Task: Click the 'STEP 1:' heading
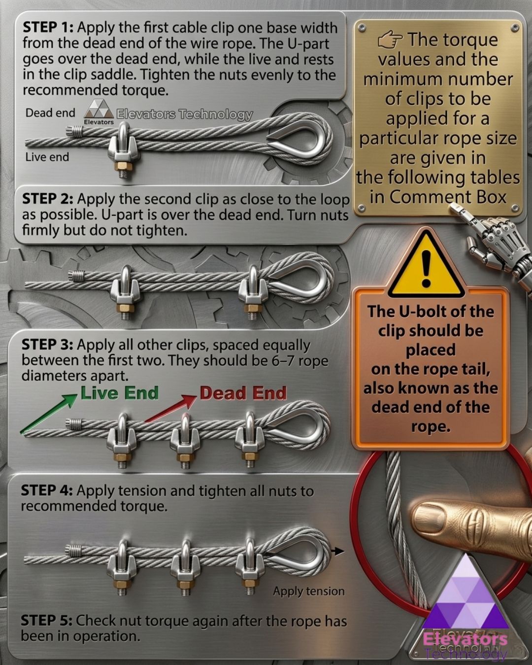coord(48,28)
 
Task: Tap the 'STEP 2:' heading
coord(48,199)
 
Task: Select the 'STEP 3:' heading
coord(47,345)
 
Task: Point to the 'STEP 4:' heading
coord(47,490)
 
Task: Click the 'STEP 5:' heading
coord(47,620)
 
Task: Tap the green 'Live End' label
coord(120,393)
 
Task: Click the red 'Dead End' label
coord(243,393)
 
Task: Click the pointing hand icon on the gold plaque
coord(390,41)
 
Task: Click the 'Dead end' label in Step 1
coord(50,113)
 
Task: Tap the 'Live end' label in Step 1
coord(47,157)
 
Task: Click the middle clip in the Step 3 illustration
coord(185,440)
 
